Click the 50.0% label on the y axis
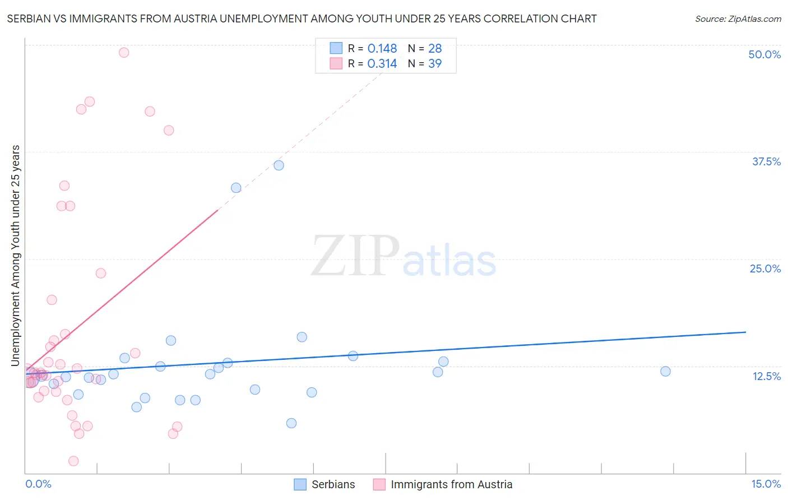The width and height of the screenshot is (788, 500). [x=764, y=54]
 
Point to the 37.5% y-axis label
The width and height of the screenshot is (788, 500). [x=766, y=161]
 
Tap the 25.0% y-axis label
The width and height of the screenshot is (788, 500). [x=764, y=268]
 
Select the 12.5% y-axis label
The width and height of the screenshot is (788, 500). [x=766, y=376]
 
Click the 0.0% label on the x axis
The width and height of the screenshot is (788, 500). [x=38, y=484]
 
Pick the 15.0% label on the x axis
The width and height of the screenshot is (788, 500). [x=765, y=484]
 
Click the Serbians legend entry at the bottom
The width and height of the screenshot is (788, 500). [x=333, y=484]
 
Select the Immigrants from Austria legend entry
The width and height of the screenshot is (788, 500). [x=451, y=484]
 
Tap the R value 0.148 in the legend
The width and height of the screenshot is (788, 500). [x=382, y=49]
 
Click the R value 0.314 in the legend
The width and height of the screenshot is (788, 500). [x=382, y=64]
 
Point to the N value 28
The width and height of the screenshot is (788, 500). [x=435, y=49]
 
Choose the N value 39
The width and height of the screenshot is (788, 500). [x=435, y=64]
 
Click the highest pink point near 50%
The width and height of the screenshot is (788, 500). [x=124, y=53]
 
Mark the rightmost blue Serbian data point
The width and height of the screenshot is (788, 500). [x=665, y=371]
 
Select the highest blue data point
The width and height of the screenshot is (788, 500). [x=279, y=165]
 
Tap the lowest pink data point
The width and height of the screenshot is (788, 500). [x=73, y=461]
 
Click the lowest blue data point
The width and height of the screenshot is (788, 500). [x=291, y=423]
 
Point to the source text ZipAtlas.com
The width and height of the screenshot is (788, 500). [x=738, y=19]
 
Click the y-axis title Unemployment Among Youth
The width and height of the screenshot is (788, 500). [x=16, y=256]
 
